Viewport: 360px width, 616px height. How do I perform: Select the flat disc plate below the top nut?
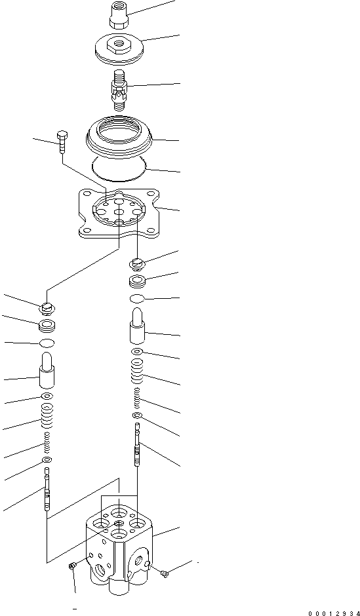pyautogui.click(x=119, y=48)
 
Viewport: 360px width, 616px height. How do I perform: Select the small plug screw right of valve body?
pyautogui.click(x=165, y=573)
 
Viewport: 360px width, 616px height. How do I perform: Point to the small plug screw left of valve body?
pyautogui.click(x=72, y=566)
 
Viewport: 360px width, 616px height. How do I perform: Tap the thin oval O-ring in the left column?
pyautogui.click(x=47, y=343)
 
